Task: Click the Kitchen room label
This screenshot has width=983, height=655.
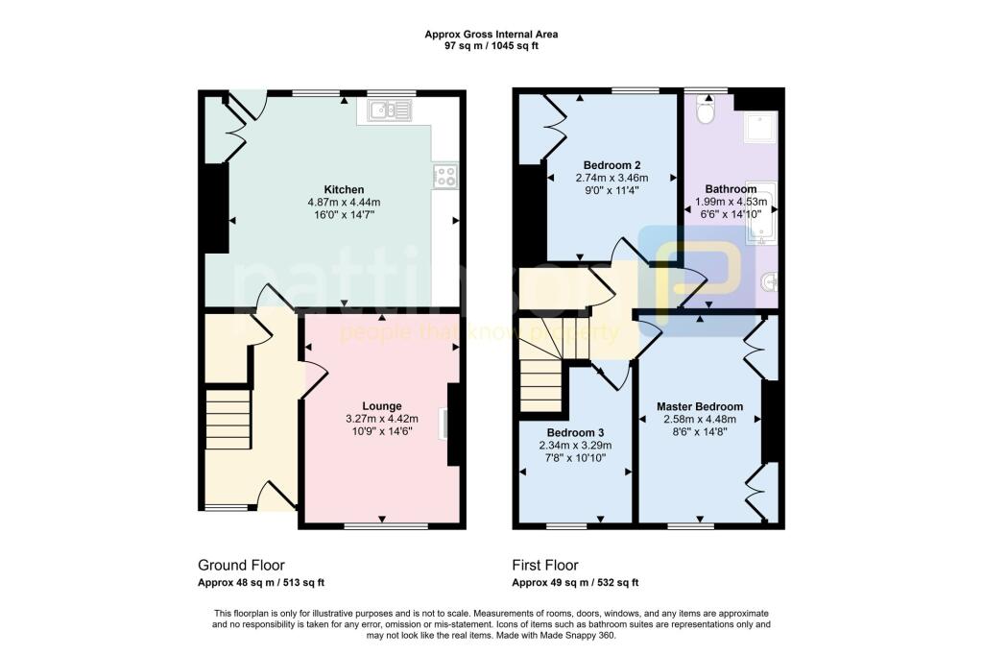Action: [x=344, y=189]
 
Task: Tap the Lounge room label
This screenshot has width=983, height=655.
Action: [x=382, y=406]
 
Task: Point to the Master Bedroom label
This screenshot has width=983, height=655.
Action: [x=700, y=406]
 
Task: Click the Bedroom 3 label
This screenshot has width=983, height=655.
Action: [x=576, y=433]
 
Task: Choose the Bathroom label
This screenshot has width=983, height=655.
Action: [x=731, y=189]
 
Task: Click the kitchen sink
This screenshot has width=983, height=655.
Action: [x=391, y=109]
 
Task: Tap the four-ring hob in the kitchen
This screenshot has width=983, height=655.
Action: [x=445, y=176]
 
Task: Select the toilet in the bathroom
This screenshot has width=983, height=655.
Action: [x=707, y=111]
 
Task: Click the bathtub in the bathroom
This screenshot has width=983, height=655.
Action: [x=761, y=213]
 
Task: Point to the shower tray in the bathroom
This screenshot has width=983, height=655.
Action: [x=761, y=128]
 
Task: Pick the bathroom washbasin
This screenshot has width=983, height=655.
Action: [x=769, y=283]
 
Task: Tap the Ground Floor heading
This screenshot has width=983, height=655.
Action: [x=241, y=566]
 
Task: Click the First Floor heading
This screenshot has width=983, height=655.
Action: [x=545, y=566]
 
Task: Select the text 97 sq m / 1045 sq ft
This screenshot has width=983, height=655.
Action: [x=491, y=46]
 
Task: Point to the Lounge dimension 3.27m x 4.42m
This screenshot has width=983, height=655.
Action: [x=382, y=419]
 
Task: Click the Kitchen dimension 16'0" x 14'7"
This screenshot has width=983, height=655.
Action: [x=344, y=215]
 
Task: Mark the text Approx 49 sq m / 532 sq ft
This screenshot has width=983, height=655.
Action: [x=576, y=583]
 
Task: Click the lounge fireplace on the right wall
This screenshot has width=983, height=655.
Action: [x=453, y=425]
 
